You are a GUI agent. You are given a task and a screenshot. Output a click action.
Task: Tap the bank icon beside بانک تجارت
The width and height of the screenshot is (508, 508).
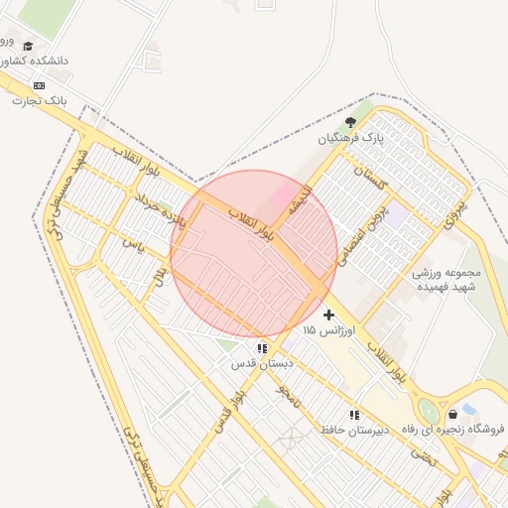coord(39,86)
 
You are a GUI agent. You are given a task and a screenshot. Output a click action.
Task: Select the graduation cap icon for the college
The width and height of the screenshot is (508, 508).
coord(28,46)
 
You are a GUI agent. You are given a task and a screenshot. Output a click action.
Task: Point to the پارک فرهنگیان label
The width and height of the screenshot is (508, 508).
coord(350,137)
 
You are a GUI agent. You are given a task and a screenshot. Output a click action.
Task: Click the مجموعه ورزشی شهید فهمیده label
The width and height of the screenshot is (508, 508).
coord(446,280)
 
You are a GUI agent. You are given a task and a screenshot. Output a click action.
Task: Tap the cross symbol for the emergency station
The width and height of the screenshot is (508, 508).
coord(329,315)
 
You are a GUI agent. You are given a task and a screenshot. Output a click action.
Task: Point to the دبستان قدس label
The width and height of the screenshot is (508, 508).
coord(251,364)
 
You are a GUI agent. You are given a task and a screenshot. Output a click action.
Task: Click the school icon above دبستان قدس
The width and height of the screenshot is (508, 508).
coord(262,348)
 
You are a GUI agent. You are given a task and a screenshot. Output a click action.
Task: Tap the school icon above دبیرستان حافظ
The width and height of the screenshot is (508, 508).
coord(354,415)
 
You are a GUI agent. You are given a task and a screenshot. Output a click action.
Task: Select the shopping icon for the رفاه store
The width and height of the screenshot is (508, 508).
coord(453,413)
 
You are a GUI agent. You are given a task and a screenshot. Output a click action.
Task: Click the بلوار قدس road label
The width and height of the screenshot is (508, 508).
coord(228,410)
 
